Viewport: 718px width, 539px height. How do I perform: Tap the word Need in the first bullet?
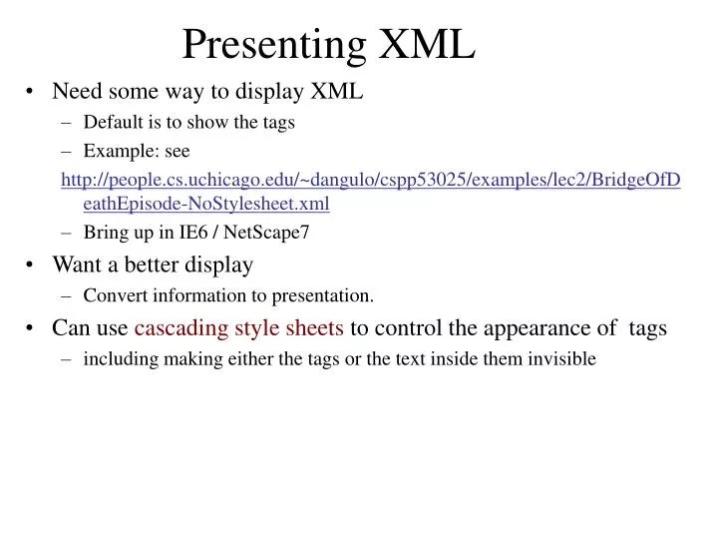[x=75, y=92]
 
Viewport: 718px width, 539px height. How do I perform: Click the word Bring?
[x=104, y=234]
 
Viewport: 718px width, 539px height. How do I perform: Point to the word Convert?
[x=114, y=295]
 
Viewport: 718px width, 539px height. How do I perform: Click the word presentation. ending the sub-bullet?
[x=325, y=295]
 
